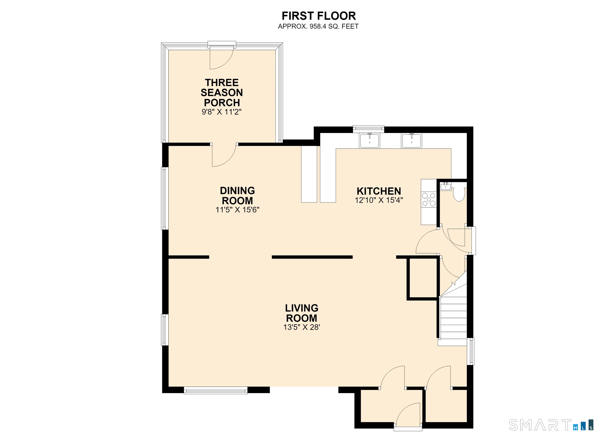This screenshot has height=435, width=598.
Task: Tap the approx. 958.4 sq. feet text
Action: pyautogui.click(x=318, y=26)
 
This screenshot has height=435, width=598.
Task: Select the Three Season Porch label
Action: pyautogui.click(x=222, y=93)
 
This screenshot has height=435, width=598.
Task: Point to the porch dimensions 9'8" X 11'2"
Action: pyautogui.click(x=222, y=112)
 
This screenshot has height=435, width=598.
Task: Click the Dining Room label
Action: pyautogui.click(x=237, y=195)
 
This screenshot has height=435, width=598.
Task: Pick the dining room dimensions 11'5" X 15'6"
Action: pyautogui.click(x=237, y=210)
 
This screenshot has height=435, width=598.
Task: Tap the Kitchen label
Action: pyautogui.click(x=379, y=191)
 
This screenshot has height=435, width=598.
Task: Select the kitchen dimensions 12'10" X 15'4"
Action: pyautogui.click(x=379, y=200)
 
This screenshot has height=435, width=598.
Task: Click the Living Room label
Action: pyautogui.click(x=302, y=313)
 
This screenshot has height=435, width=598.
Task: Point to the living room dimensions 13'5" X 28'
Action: pyautogui.click(x=302, y=327)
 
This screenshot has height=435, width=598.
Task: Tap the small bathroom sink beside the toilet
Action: pyautogui.click(x=446, y=186)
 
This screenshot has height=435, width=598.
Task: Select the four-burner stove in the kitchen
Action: pyautogui.click(x=429, y=199)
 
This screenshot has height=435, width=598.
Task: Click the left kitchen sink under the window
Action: pyautogui.click(x=369, y=141)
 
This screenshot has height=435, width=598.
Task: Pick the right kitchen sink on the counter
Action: pyautogui.click(x=411, y=141)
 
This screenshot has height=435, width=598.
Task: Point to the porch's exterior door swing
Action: pyautogui.click(x=222, y=58)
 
